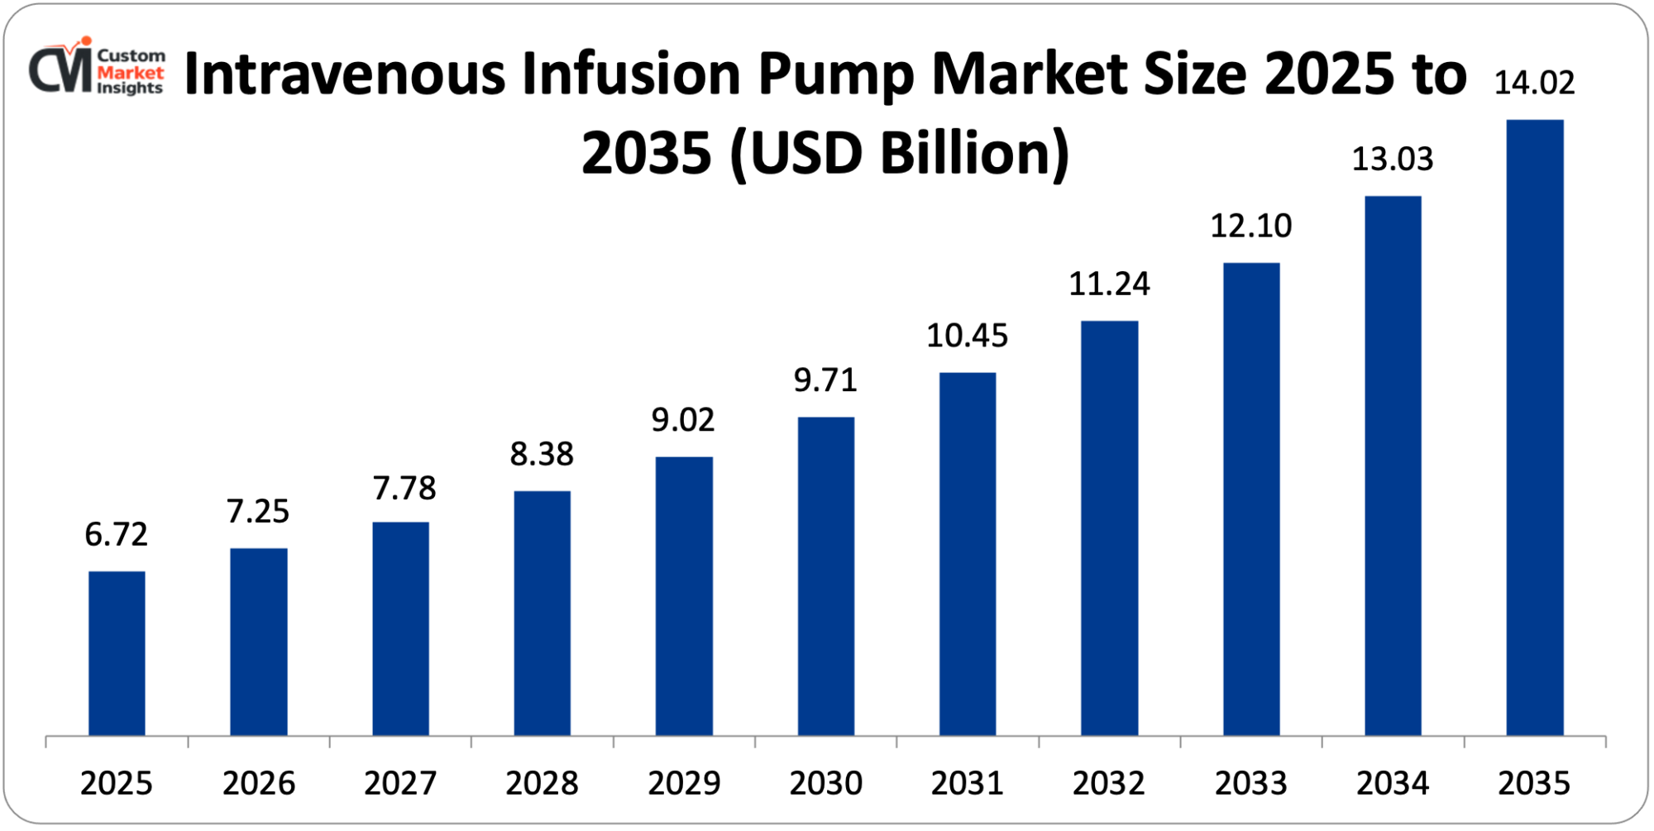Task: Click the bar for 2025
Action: coord(117,653)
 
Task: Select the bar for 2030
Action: coord(825,576)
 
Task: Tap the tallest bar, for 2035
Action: coord(1535,427)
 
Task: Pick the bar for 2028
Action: coord(542,613)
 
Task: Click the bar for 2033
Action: coord(1251,499)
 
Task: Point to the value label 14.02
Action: coord(1534,83)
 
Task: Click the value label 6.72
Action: coord(117,535)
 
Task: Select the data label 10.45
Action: coord(967,336)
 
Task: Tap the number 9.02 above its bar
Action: coord(683,420)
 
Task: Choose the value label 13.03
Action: coord(1393,159)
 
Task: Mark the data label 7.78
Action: coord(404,488)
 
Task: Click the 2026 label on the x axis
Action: coord(258,783)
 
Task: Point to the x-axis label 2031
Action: coord(967,783)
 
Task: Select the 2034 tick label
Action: coord(1393,783)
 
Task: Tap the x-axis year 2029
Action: coord(683,783)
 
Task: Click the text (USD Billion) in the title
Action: coord(899,154)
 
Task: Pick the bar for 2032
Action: coord(1109,528)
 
